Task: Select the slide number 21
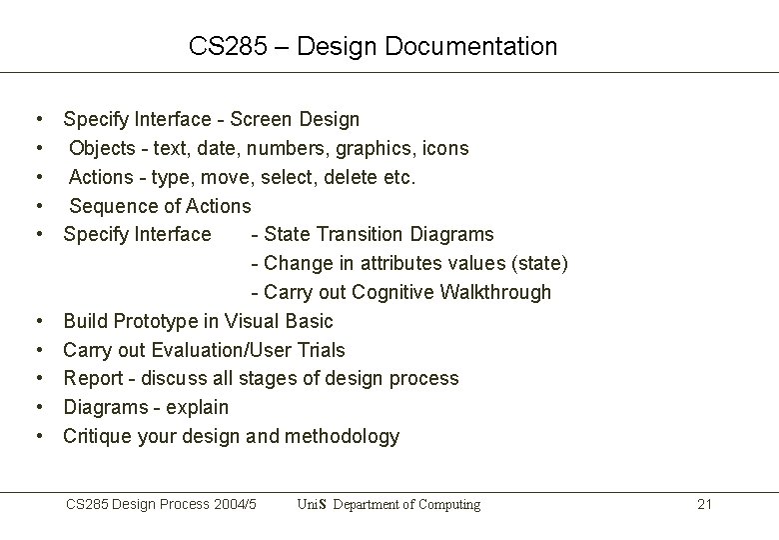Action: tap(704, 504)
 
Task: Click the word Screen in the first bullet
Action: tap(261, 120)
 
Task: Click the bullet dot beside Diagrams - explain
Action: tap(37, 407)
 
